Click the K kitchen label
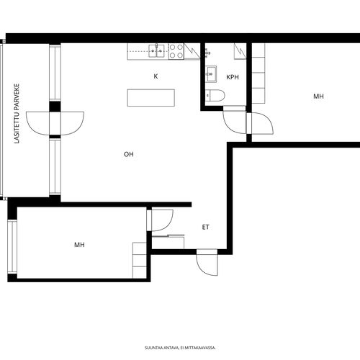point(156,76)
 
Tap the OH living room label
point(129,154)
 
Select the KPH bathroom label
point(233,77)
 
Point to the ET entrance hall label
point(206,227)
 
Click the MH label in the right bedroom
point(318,96)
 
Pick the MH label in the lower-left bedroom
point(79,245)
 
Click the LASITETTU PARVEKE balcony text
point(17,114)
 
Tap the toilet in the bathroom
point(215,95)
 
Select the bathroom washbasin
point(211,74)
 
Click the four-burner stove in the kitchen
point(176,51)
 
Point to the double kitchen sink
point(156,51)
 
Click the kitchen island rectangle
point(151,98)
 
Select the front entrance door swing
point(207,262)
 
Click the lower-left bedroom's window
point(12,247)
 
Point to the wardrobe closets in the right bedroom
point(258,73)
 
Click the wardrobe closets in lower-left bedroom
point(140,261)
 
